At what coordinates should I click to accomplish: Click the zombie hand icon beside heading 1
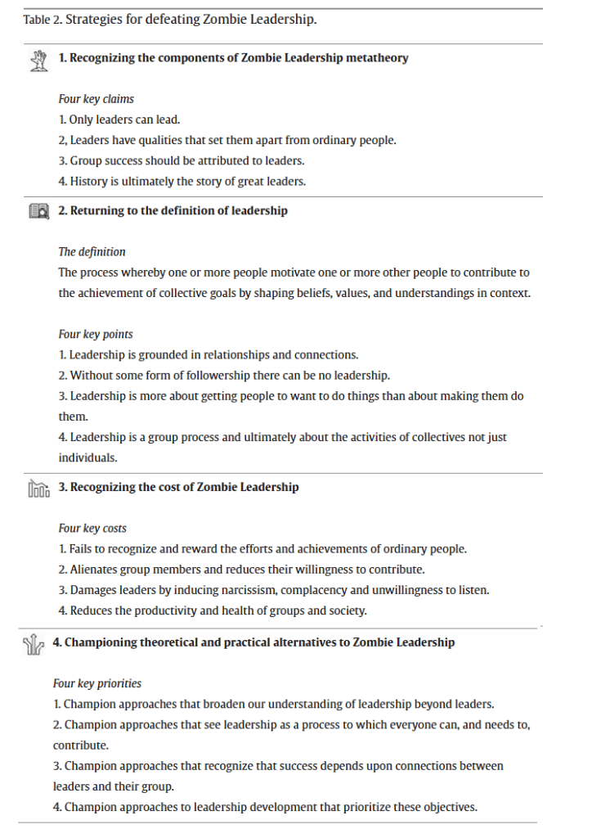point(37,59)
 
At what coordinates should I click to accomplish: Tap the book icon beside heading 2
point(38,211)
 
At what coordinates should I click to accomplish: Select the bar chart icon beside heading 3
point(38,489)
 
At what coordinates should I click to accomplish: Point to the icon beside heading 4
point(33,644)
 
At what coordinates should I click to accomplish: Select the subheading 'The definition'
point(92,252)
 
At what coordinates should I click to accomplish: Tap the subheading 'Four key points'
point(95,334)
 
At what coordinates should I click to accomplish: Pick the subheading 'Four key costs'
point(92,528)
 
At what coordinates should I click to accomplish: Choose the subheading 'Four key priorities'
point(97,683)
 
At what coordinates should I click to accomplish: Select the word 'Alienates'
point(93,570)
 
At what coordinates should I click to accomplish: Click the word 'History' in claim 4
point(88,182)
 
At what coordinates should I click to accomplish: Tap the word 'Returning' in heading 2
point(96,211)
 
